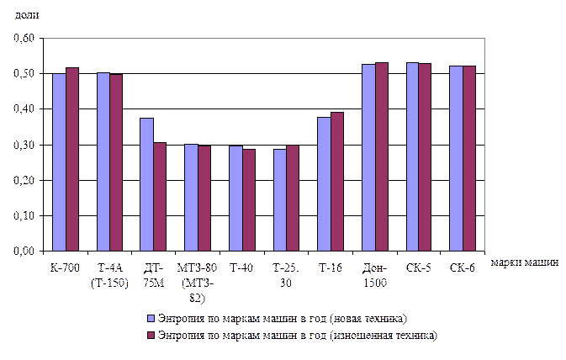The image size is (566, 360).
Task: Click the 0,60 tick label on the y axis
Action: [x=24, y=39]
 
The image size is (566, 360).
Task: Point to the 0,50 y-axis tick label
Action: [x=24, y=74]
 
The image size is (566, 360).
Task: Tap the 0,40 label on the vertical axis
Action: [x=24, y=109]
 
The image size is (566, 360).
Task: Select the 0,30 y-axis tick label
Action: [x=24, y=146]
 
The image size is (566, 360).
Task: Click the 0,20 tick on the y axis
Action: [x=24, y=181]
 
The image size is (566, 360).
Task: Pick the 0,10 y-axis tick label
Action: [x=24, y=216]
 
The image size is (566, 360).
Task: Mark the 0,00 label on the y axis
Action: [x=24, y=251]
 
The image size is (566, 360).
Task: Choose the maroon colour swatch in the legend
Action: [x=151, y=335]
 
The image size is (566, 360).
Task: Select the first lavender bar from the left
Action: [x=59, y=162]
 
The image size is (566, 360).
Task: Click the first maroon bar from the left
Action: [x=72, y=160]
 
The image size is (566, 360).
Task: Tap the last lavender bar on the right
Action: [x=456, y=159]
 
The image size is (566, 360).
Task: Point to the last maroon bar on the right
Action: [x=469, y=159]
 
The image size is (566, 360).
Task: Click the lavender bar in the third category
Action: [x=147, y=185]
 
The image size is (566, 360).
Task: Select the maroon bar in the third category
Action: [x=160, y=197]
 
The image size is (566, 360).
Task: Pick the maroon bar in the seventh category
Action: [x=337, y=182]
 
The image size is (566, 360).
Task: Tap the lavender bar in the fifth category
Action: [x=235, y=199]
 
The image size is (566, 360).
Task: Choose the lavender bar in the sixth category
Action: [x=279, y=200]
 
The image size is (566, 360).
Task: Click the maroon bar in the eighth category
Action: [x=382, y=157]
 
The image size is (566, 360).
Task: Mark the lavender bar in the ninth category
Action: [x=412, y=157]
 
